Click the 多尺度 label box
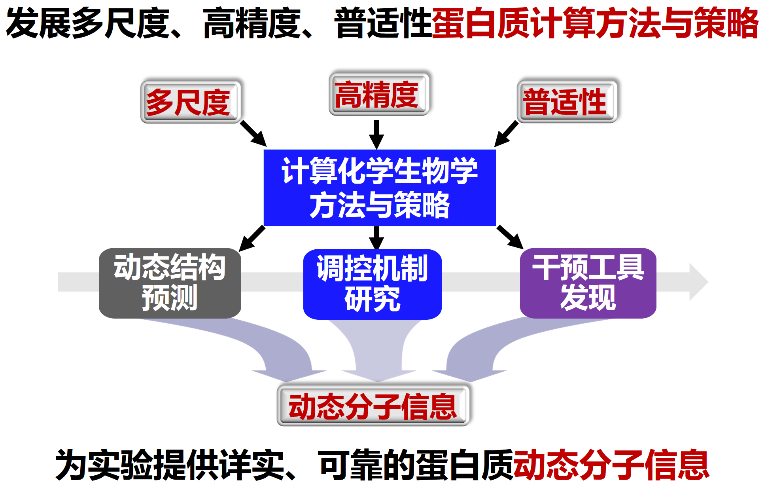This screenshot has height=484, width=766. coord(191,102)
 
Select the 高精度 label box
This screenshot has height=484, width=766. coord(379,94)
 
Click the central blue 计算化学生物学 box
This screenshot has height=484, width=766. coord(380,188)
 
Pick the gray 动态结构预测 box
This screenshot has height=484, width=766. coord(170,283)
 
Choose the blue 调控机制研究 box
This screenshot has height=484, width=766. coord(373,284)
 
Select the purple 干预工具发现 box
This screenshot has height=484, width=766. coord(588,283)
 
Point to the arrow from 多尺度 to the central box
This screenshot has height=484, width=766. coord(253,134)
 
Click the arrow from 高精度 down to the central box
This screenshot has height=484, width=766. coord(376,135)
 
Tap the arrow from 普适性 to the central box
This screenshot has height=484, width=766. coord(506,134)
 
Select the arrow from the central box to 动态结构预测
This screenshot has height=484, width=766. coord(252,238)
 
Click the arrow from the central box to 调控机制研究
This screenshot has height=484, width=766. coord(376,238)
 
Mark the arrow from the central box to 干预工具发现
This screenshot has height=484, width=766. coord(510,237)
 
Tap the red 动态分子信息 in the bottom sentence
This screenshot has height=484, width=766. coord(611,465)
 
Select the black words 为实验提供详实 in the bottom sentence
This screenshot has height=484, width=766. coord(170,465)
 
